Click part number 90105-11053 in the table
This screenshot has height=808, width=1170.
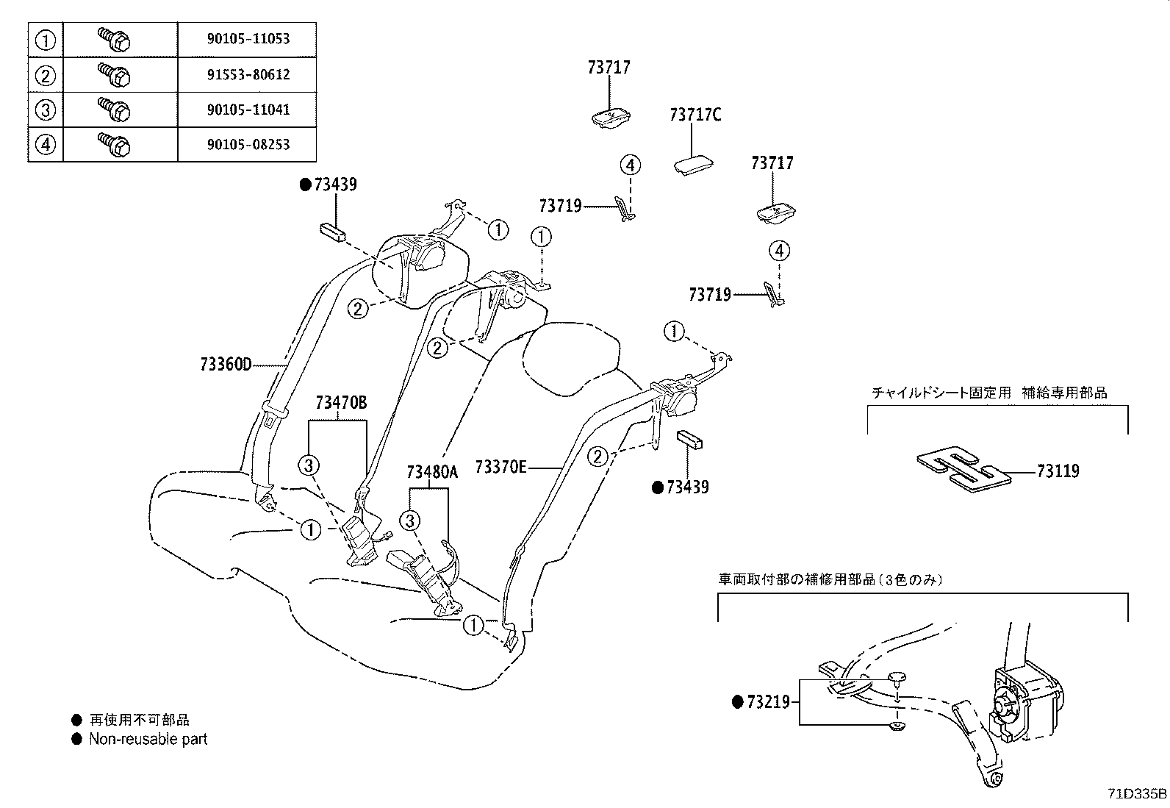tap(248, 40)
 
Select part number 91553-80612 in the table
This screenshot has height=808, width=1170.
tap(248, 74)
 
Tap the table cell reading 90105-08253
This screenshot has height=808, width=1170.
tap(248, 145)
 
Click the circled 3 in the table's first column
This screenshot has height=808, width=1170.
tap(46, 110)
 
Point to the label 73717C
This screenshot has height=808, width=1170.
tap(695, 115)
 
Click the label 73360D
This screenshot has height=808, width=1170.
tap(226, 365)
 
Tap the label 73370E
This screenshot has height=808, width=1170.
tap(500, 467)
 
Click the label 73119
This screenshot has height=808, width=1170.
tap(1058, 471)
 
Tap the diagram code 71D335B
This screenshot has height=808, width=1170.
tap(1138, 794)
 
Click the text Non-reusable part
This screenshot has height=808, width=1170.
tap(148, 740)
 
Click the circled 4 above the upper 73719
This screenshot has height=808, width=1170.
tap(631, 165)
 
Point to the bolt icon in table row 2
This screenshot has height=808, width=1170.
tap(115, 74)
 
